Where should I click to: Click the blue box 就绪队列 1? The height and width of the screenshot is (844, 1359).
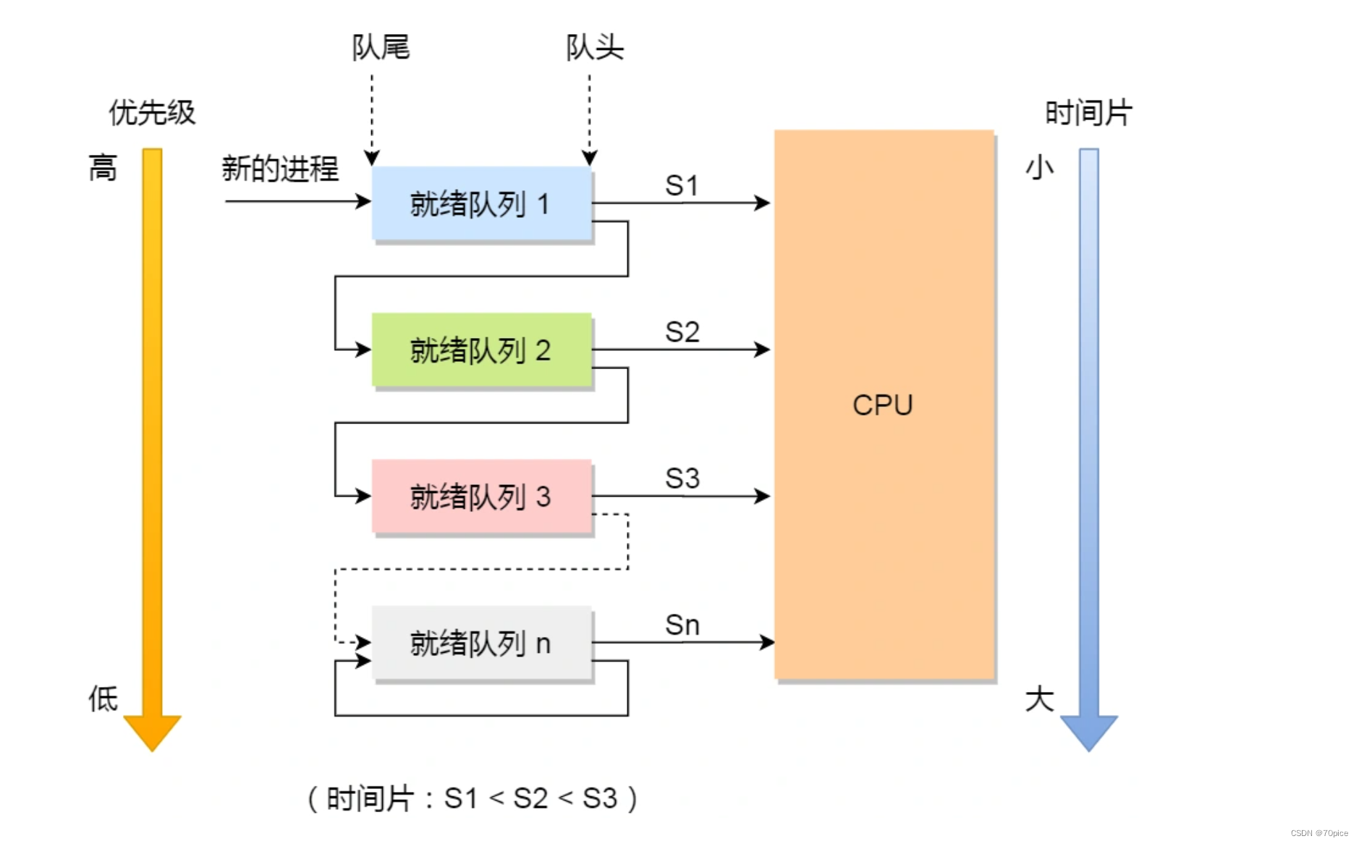481,204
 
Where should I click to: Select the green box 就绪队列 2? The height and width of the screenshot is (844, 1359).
481,350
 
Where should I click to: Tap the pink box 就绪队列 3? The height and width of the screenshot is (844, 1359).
481,497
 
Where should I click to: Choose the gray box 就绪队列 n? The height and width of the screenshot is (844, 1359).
481,643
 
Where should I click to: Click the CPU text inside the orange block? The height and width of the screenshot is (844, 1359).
882,405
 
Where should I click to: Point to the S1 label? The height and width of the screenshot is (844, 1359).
682,186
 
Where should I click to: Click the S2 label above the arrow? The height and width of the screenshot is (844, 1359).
682,332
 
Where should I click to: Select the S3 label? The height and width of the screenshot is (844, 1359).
682,478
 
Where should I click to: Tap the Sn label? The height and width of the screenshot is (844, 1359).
682,625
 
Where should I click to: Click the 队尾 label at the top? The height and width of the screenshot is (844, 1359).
381,48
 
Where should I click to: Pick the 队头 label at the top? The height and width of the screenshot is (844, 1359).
594,48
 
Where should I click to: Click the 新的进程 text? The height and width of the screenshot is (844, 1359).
280,169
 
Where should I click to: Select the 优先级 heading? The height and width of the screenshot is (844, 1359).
152,113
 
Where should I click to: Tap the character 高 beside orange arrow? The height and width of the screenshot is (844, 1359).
103,168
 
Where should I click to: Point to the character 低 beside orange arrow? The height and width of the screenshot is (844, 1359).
103,699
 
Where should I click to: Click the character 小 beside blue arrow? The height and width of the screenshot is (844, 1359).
1039,167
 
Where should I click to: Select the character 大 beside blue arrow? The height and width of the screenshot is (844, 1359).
1039,699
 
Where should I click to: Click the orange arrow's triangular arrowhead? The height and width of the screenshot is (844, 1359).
152,731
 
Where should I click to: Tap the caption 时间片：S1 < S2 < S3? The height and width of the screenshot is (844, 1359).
473,798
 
